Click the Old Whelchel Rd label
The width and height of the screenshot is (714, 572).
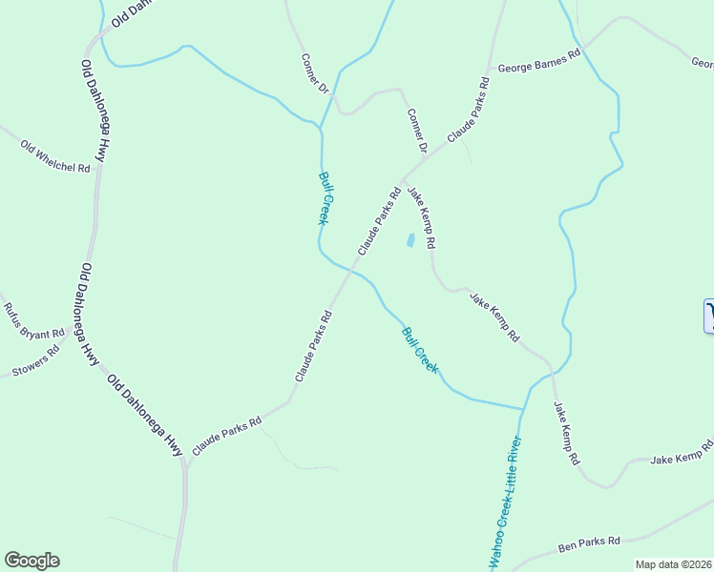(54, 156)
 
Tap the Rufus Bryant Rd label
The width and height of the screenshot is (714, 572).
(32, 321)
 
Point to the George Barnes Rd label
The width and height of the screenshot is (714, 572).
(539, 64)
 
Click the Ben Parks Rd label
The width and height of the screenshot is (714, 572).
(589, 544)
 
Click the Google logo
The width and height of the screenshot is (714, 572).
(31, 561)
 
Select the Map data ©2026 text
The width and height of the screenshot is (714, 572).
(674, 564)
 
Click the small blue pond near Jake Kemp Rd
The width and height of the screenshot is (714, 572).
(411, 240)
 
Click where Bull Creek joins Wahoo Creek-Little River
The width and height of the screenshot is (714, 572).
(523, 409)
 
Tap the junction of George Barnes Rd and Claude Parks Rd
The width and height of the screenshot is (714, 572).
(489, 70)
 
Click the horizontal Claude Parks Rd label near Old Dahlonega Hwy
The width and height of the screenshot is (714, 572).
(227, 437)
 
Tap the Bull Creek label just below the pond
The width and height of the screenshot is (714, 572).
(420, 350)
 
